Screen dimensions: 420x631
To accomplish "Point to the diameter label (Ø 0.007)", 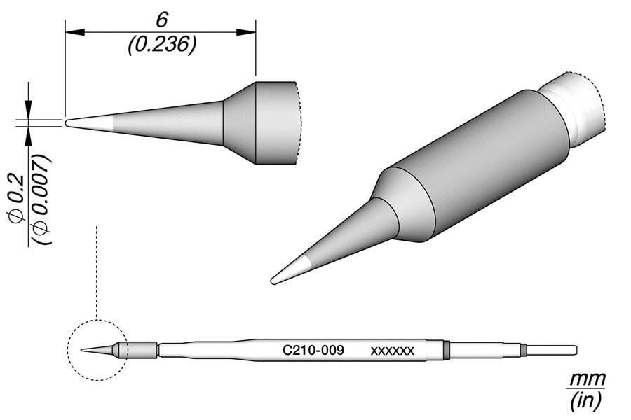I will coord(41,199).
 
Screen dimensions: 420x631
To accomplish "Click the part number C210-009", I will coord(313,349).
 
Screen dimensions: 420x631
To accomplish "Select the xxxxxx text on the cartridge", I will coord(393,350).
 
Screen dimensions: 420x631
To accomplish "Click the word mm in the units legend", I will coord(586,380).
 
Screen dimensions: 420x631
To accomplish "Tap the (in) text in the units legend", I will coord(586,400).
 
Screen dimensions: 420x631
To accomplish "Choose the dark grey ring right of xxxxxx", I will coord(447,349).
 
